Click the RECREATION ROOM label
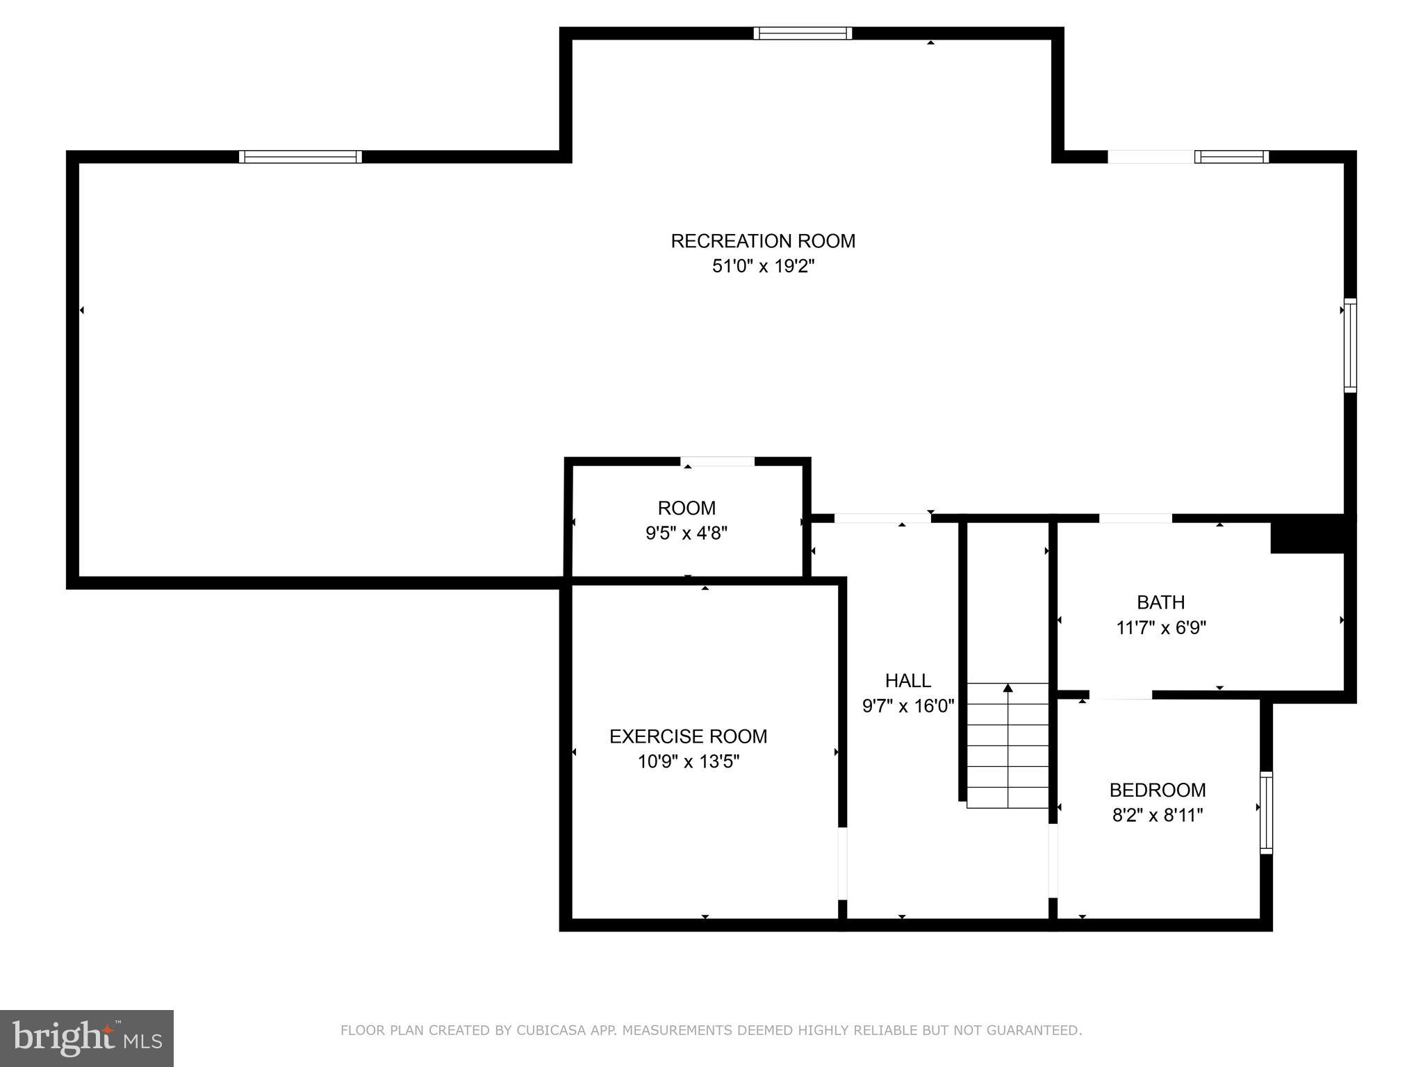(762, 241)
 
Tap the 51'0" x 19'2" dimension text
(762, 266)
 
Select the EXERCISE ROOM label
(688, 736)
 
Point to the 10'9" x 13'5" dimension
(688, 762)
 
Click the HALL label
(907, 681)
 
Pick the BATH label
(1160, 602)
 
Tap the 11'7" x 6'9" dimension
(1160, 628)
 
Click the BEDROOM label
(1157, 790)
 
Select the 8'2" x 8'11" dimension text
(1157, 816)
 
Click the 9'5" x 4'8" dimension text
(686, 533)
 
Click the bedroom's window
(1266, 813)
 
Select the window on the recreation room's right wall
(1349, 345)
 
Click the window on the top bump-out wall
(803, 33)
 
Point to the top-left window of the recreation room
(300, 157)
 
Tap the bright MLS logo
(87, 1038)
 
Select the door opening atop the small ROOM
(717, 462)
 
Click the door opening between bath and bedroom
(1120, 695)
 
